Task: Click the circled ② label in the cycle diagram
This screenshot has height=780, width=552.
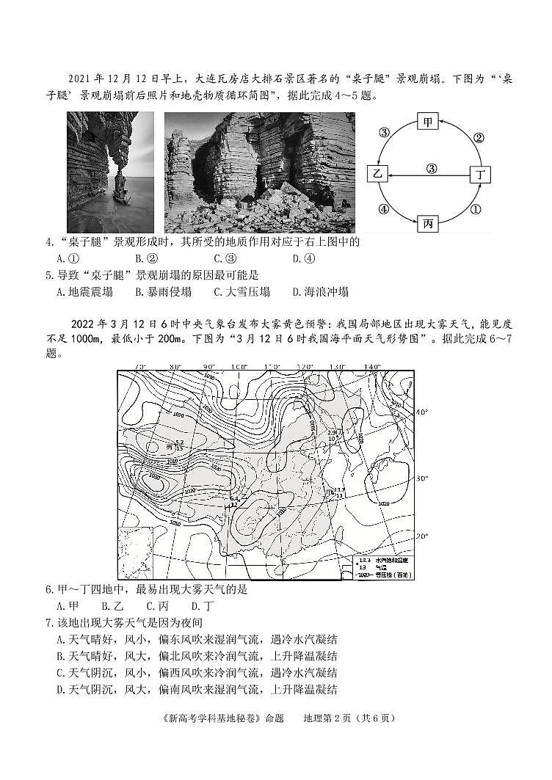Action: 478,136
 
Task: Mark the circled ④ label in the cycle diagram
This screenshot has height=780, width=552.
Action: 382,209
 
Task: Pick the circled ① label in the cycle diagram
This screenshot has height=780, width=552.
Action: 475,209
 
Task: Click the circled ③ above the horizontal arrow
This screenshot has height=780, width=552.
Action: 432,168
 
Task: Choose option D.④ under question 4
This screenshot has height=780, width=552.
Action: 304,258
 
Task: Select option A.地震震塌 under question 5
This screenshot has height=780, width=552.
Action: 84,291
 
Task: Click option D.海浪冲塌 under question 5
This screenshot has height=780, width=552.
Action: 320,291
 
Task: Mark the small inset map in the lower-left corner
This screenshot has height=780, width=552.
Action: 135,550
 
